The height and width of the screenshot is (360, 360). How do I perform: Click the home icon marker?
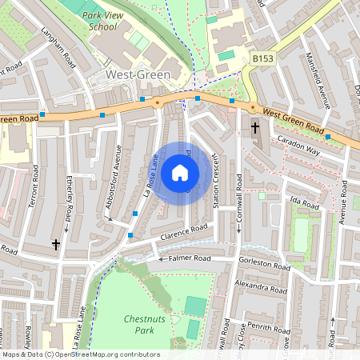point(180,171)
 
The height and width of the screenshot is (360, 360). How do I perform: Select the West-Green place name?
point(138,74)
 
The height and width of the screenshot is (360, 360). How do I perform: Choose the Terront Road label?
point(33,190)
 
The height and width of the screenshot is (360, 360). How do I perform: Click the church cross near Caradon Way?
point(255,128)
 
